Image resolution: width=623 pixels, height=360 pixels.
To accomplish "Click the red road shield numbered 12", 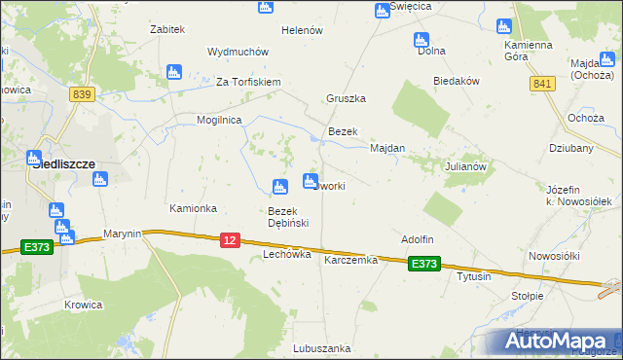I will (230, 239).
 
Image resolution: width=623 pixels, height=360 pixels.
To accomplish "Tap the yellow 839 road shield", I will (82, 93).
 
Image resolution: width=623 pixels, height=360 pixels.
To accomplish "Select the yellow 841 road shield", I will (542, 85).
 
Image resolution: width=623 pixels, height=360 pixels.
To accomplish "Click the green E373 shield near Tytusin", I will (423, 264).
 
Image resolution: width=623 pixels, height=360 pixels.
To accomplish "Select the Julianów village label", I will (465, 165).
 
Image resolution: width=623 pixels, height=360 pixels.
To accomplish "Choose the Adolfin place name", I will (418, 239).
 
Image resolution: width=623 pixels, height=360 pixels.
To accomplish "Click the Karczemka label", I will (350, 260).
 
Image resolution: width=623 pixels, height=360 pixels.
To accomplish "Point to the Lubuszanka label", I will (321, 347).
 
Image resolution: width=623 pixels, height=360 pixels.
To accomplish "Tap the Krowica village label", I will (84, 305).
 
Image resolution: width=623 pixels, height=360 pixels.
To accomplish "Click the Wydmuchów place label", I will (238, 52).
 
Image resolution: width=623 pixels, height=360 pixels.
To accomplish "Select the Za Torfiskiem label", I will (248, 82).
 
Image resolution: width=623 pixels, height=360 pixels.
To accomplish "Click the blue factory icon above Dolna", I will (421, 41).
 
